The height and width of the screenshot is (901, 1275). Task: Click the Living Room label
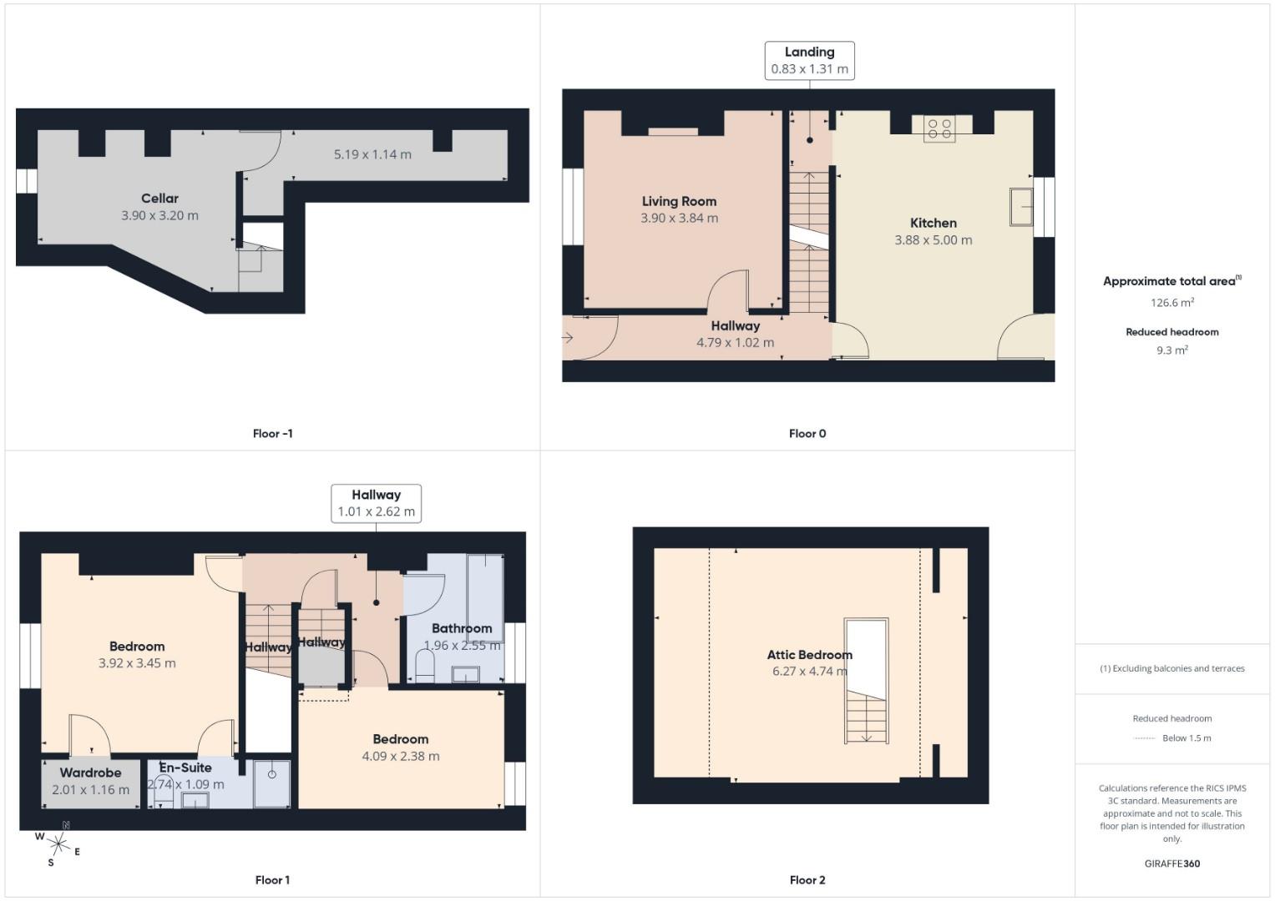679,201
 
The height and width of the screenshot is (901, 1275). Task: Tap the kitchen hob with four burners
939,129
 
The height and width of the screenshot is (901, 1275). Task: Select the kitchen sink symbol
1021,207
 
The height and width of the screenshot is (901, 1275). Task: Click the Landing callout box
809,60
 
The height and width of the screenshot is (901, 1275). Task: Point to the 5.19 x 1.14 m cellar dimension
372,154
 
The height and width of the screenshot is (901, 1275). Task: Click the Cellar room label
159,199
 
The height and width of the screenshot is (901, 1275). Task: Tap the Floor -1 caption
272,433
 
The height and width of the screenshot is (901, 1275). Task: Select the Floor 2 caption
807,880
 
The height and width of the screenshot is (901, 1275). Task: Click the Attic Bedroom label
809,655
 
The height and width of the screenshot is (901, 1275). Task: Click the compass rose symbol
58,844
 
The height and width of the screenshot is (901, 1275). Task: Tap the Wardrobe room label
90,773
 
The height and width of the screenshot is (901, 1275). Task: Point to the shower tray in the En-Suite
271,784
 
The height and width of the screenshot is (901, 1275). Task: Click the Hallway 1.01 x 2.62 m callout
376,503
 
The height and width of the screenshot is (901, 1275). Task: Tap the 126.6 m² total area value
1171,303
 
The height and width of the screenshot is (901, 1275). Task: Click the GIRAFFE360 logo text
1171,863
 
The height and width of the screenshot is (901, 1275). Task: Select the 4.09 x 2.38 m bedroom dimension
401,756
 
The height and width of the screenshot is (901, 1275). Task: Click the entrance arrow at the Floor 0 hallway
568,338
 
